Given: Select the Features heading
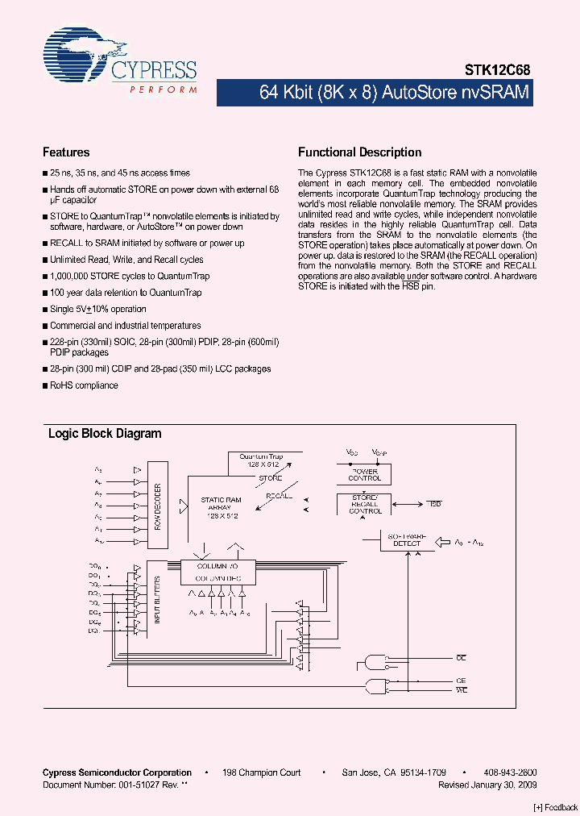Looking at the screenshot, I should click(x=66, y=152).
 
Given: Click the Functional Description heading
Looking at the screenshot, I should click(x=359, y=152).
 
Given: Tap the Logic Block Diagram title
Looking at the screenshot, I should click(x=105, y=434).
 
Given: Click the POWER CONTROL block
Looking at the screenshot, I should click(x=364, y=475).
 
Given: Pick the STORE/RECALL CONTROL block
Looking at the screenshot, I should click(x=366, y=505).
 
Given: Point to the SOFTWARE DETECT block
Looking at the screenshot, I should click(x=407, y=539).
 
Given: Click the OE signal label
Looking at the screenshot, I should click(x=462, y=659).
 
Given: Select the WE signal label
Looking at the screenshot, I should click(x=462, y=690).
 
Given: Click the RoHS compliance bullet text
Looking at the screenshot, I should click(x=84, y=385).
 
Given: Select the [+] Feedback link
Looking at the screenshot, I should click(x=556, y=807).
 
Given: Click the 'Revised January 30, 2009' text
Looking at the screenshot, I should click(x=487, y=785).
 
